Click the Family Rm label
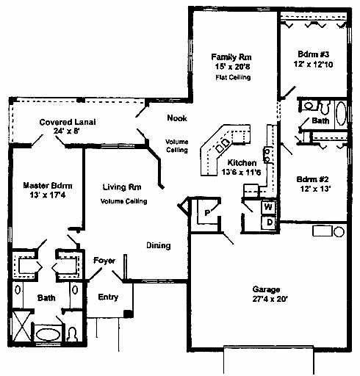(x=231, y=57)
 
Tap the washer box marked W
(x=268, y=207)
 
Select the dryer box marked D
(x=269, y=223)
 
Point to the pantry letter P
(x=207, y=213)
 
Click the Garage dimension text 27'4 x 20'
(x=270, y=299)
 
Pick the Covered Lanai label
(x=68, y=122)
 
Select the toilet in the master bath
(x=73, y=334)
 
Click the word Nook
(x=177, y=118)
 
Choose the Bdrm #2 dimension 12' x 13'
(x=315, y=189)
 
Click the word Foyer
(x=104, y=261)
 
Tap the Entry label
(x=108, y=297)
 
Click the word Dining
(x=159, y=245)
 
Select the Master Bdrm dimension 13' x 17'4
(x=48, y=195)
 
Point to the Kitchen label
(x=242, y=163)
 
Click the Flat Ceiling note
(x=233, y=77)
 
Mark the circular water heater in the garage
(x=339, y=231)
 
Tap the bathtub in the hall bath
(x=341, y=114)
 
